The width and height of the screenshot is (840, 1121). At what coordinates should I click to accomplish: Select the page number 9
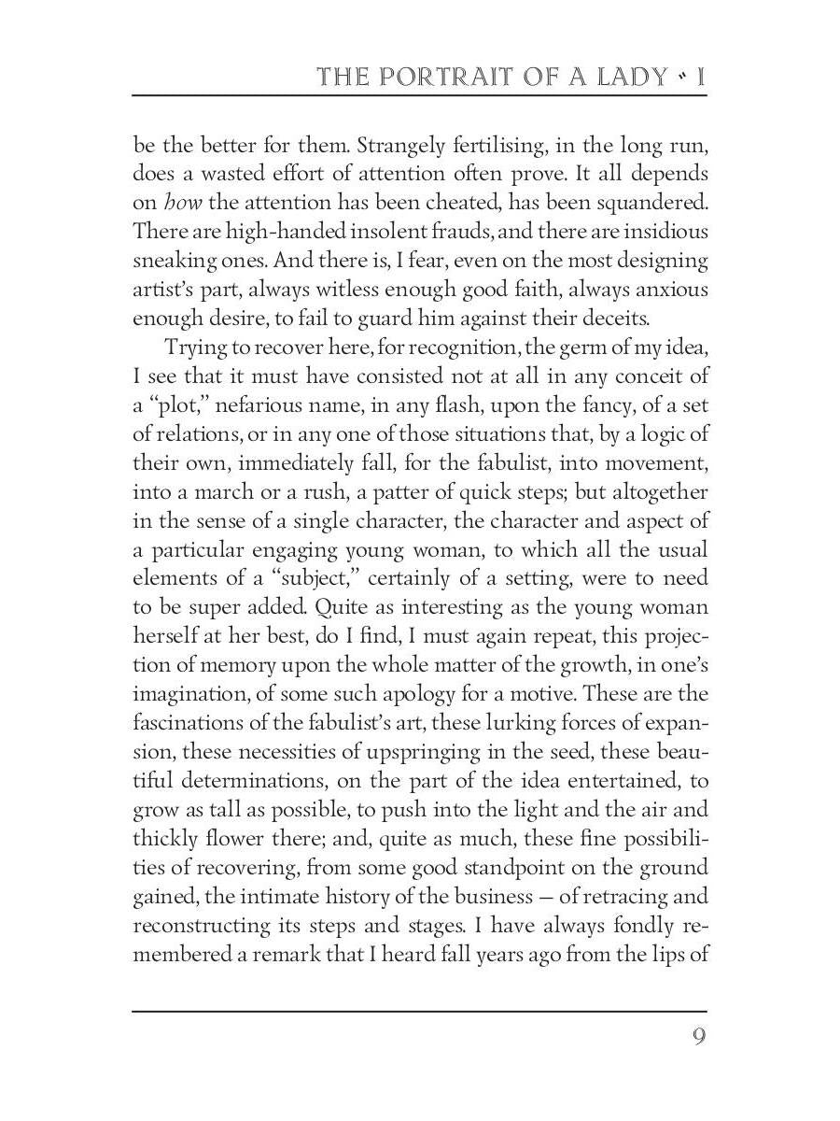pyautogui.click(x=698, y=1038)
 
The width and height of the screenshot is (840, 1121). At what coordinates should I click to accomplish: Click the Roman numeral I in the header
pyautogui.click(x=700, y=77)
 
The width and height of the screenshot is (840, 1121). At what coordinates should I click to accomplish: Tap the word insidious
pyautogui.click(x=663, y=231)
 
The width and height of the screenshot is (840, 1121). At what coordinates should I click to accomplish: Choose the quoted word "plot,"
pyautogui.click(x=180, y=404)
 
